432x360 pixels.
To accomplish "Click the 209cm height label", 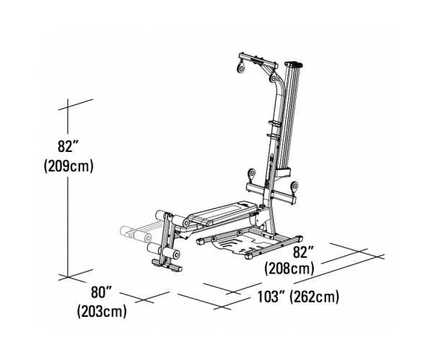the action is coord(68,166).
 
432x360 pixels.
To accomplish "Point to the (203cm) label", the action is coord(102,311).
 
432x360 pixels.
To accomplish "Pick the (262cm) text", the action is coord(315,297).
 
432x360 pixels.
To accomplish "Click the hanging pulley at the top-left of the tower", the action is coord(240,68).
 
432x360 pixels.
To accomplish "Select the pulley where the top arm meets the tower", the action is coord(273,78).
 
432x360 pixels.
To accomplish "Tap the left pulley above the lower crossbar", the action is coord(251,174).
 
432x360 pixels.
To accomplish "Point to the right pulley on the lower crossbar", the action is coord(294,186).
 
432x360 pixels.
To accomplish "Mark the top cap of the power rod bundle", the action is coord(294,65).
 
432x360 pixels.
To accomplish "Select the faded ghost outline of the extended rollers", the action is coord(137,231).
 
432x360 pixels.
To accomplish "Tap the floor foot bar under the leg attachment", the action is coord(167,265).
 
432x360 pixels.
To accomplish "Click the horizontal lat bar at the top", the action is coord(258,60).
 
